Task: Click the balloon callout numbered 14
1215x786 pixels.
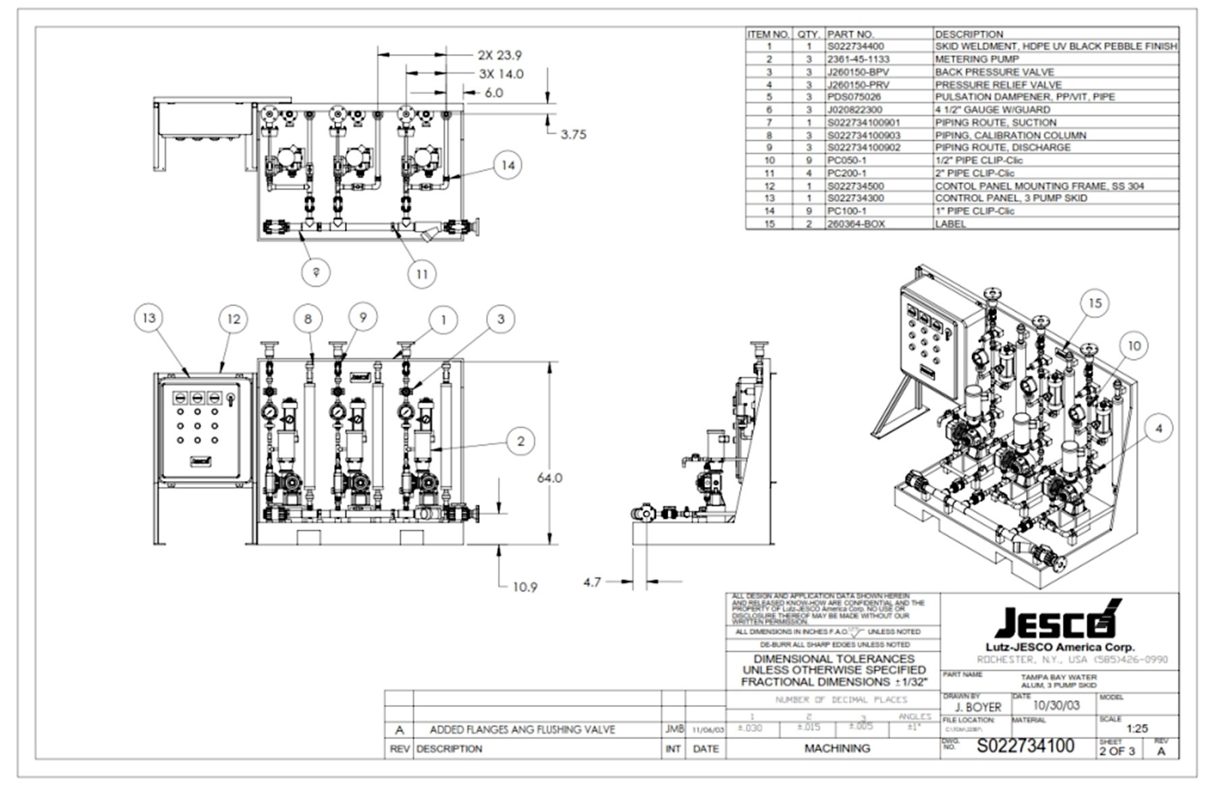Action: coord(508,165)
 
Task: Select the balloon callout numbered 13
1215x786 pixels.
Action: coord(149,318)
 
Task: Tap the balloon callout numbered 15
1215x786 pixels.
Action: coord(1094,304)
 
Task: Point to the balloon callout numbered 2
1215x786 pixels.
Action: coord(520,441)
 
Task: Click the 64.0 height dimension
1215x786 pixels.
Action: coord(549,478)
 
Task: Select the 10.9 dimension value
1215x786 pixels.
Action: coord(524,587)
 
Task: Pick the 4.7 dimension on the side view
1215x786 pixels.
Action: coord(591,582)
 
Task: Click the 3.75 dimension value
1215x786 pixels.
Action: coord(573,134)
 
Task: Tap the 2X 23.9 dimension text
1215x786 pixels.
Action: coord(500,55)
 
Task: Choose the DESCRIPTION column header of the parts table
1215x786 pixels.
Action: coord(969,34)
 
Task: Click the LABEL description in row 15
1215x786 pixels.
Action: coord(950,224)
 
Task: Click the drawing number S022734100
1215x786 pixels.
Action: coord(1025,746)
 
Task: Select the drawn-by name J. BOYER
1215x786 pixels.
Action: coord(978,707)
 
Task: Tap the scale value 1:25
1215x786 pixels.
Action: coord(1137,729)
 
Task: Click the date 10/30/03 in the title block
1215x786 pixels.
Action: coord(1056,706)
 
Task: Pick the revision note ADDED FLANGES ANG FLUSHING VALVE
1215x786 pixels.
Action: coord(522,729)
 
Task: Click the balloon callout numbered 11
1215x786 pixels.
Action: coord(422,274)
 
